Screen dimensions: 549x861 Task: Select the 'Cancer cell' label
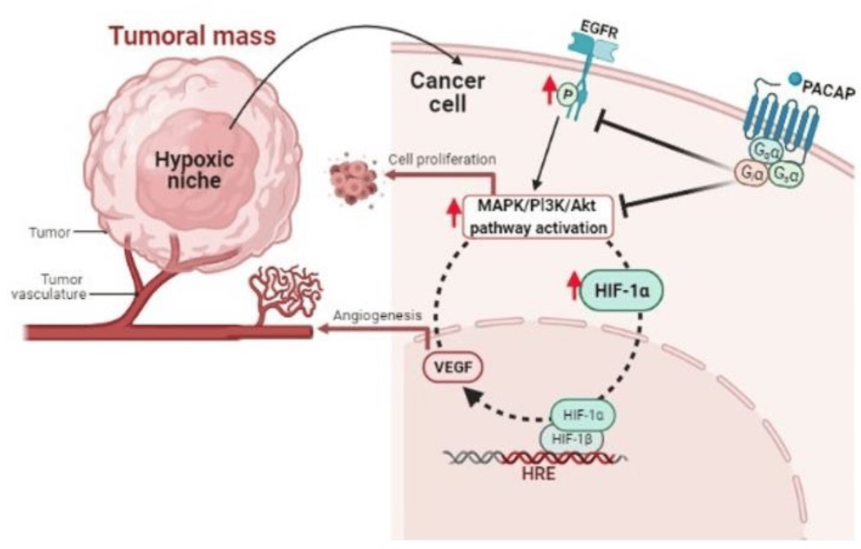pos(447,91)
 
